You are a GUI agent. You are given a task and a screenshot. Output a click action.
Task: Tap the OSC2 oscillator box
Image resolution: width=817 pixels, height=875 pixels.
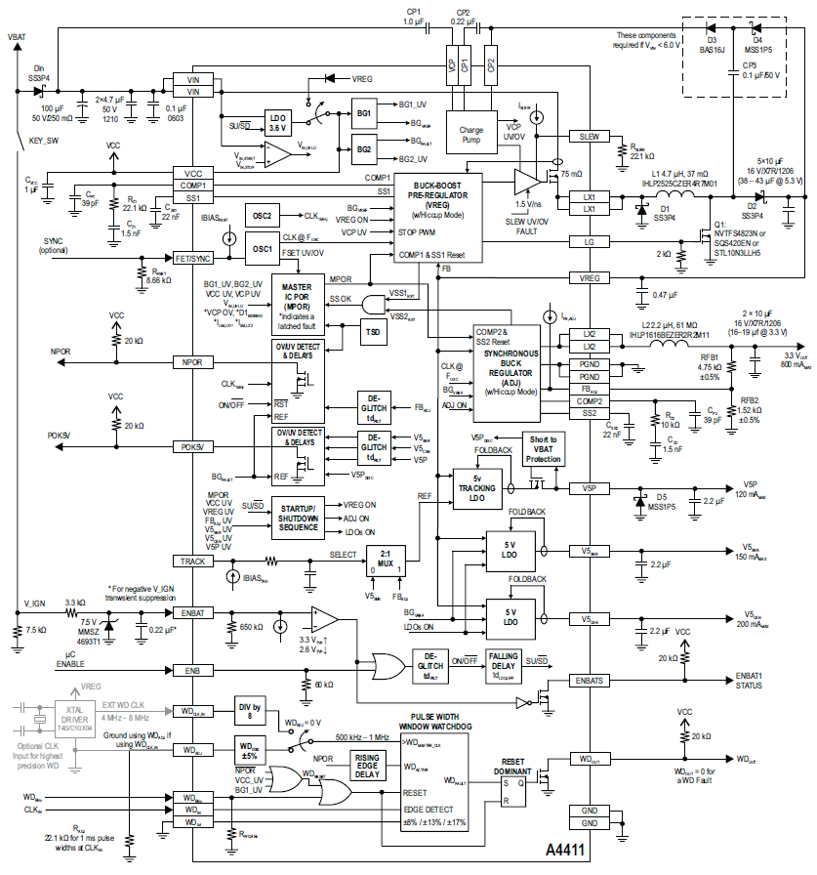(x=261, y=215)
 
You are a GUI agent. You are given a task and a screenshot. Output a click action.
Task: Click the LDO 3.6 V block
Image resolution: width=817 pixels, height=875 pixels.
(x=278, y=122)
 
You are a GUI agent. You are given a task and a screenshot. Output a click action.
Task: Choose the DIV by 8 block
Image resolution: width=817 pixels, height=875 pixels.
(x=250, y=709)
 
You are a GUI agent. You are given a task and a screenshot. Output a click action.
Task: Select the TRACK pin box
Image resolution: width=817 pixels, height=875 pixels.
(x=192, y=561)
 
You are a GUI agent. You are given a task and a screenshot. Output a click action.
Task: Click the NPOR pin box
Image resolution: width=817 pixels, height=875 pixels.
(x=192, y=361)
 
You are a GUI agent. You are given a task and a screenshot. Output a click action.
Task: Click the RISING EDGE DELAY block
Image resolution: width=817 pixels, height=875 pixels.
(x=369, y=768)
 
